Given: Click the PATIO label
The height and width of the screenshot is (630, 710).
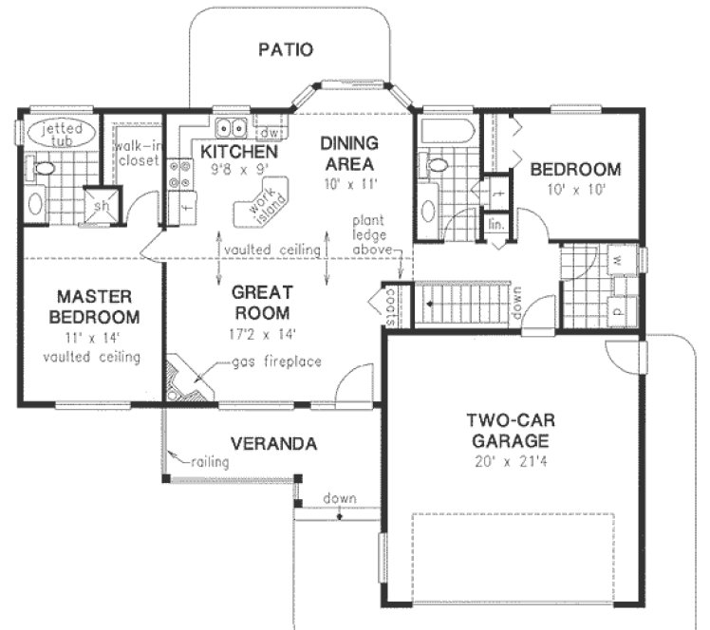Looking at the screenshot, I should pos(286,49).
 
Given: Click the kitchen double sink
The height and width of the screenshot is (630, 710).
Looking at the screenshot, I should pos(229,130).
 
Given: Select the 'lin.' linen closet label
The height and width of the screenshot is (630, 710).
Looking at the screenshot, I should pos(495,225).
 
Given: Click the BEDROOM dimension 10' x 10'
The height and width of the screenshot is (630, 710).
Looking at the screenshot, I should pos(575,188).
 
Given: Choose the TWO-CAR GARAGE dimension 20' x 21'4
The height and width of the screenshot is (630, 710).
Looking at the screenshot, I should pos(508,462).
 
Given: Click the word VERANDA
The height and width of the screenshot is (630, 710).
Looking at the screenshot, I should pos(272,443).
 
